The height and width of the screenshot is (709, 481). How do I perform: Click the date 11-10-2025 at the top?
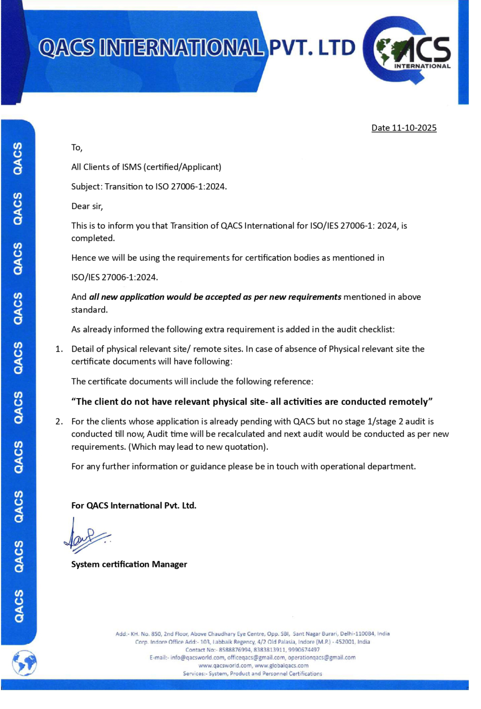[414, 128]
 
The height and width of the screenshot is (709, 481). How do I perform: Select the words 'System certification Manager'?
[129, 564]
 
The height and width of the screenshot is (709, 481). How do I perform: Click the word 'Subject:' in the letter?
[87, 187]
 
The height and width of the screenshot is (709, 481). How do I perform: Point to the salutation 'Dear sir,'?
[87, 206]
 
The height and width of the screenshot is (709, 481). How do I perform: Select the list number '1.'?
[59, 349]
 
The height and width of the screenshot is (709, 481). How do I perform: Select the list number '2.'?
[59, 422]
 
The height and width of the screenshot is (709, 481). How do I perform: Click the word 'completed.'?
[93, 238]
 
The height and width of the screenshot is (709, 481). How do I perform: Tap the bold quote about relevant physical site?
[252, 402]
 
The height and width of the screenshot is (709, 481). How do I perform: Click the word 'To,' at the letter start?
[77, 148]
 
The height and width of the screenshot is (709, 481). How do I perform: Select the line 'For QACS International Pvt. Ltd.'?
[134, 506]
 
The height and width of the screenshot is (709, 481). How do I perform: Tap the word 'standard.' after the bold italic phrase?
[89, 310]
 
